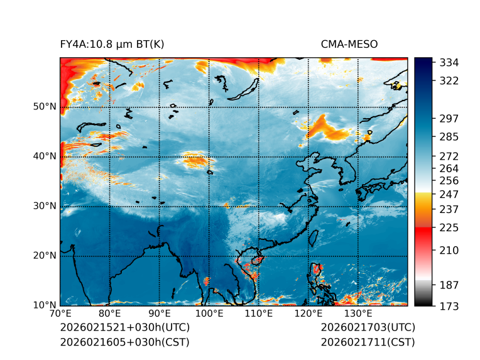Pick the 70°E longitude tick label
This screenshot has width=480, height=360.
click(x=60, y=314)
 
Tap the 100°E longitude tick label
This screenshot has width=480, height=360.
click(x=209, y=314)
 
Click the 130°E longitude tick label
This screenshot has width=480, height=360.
click(x=357, y=314)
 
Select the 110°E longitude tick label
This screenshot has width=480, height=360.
click(x=258, y=314)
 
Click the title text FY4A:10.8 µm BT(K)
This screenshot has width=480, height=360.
click(x=112, y=45)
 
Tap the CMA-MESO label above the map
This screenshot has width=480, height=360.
click(x=349, y=45)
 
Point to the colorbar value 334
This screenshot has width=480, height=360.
click(x=450, y=63)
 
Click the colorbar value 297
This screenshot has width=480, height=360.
click(x=450, y=118)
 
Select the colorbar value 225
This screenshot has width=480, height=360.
click(x=450, y=227)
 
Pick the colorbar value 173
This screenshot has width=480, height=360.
click(x=450, y=306)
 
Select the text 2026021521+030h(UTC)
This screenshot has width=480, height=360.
click(x=124, y=328)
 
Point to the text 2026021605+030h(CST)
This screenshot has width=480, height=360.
click(x=124, y=342)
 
